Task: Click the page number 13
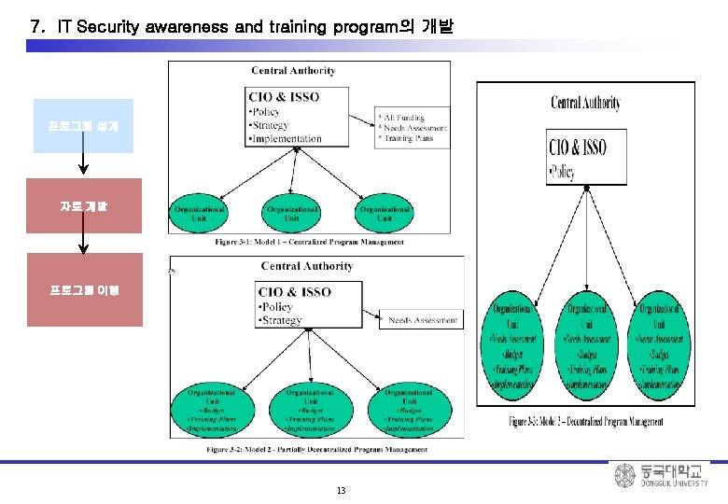click(x=341, y=491)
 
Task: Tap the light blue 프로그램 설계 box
click(x=83, y=126)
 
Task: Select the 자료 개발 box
click(x=84, y=205)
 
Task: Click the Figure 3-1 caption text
click(x=310, y=242)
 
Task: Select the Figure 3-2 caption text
click(x=317, y=449)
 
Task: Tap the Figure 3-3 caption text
click(x=586, y=422)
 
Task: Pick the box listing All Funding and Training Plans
click(x=412, y=128)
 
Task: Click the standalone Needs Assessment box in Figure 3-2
click(x=423, y=320)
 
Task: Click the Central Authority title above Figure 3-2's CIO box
click(x=307, y=267)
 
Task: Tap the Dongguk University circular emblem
click(x=624, y=476)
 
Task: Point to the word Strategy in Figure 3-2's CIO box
click(x=283, y=320)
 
